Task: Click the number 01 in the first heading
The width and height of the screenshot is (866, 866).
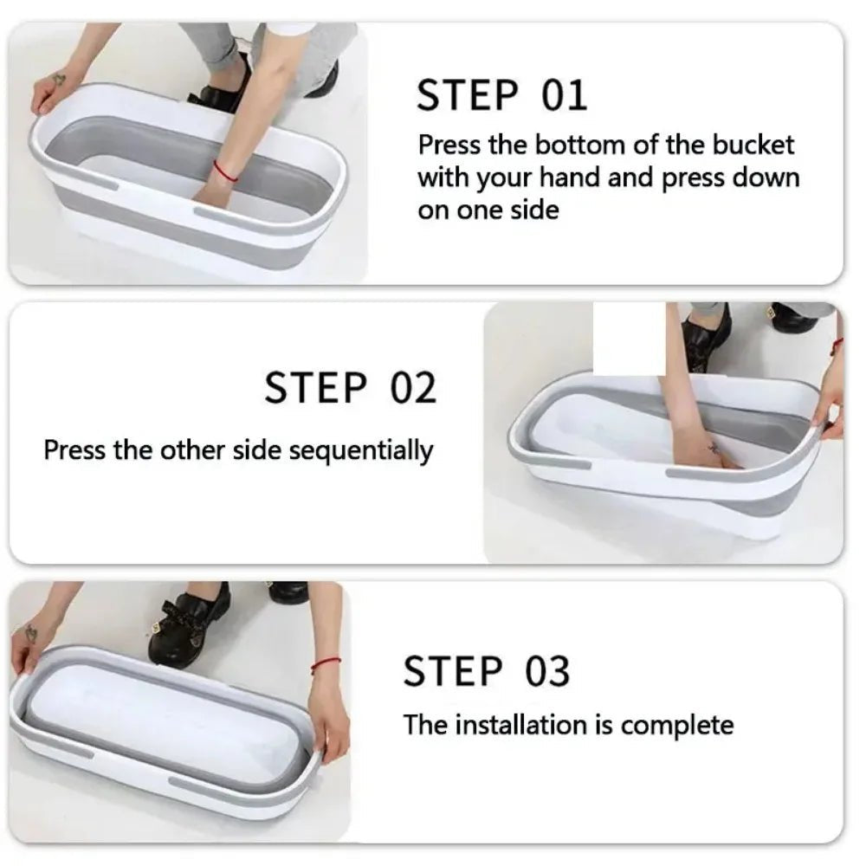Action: (x=564, y=95)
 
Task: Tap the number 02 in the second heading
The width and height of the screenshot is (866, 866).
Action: (x=413, y=388)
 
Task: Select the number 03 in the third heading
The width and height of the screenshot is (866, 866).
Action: (x=546, y=671)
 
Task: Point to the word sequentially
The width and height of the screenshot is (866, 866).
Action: (x=361, y=451)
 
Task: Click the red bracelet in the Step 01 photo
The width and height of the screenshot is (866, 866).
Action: (x=225, y=171)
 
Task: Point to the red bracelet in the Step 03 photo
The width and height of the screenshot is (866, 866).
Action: (x=326, y=663)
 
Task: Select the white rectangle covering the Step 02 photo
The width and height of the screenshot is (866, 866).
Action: (x=629, y=339)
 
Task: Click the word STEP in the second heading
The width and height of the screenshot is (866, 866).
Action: (x=316, y=388)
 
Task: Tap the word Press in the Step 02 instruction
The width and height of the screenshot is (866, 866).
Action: (x=74, y=449)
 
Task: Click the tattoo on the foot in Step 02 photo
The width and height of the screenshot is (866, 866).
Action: (x=713, y=448)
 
